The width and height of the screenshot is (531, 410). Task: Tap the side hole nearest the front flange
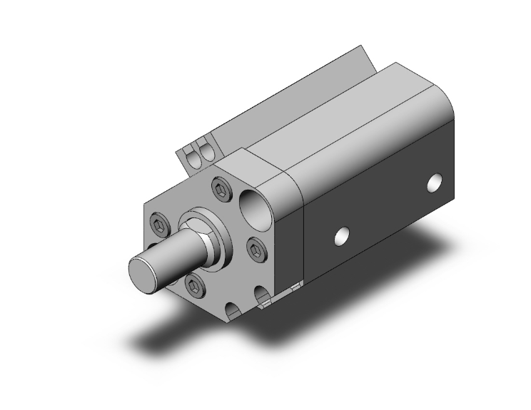(343, 236)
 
